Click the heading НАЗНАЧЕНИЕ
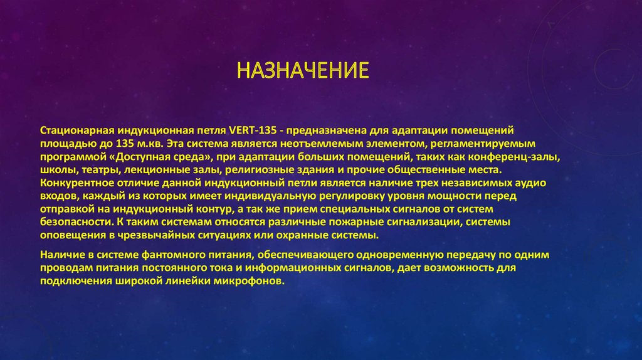(x=302, y=70)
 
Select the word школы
(x=56, y=171)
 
